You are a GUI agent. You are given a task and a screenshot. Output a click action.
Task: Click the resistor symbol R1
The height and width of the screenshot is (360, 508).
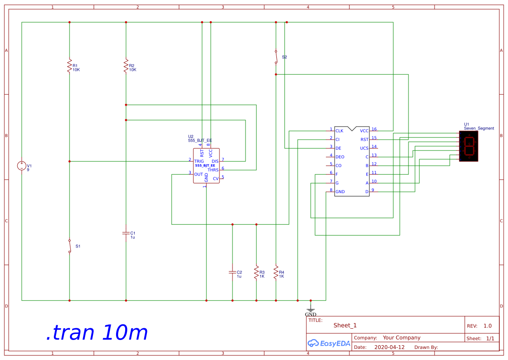69,66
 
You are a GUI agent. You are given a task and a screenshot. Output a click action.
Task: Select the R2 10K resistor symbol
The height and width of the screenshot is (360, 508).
126,66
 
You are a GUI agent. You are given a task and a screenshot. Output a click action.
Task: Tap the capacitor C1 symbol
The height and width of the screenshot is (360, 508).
126,233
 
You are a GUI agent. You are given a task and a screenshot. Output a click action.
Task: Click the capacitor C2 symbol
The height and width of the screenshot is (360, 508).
232,272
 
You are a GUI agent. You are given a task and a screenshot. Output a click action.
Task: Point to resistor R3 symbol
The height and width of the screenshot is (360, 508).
256,272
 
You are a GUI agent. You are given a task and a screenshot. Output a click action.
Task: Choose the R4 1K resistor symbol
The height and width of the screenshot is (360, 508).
276,273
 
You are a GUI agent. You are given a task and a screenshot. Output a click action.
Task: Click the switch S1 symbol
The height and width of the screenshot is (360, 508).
70,246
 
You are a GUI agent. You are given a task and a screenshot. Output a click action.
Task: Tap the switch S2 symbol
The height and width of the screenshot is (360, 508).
276,57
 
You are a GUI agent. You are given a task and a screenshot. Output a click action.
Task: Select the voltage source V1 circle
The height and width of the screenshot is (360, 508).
22,166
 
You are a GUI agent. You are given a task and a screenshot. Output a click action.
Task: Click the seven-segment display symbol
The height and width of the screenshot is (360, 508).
468,146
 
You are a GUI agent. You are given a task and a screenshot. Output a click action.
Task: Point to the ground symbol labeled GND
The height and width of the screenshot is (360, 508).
310,310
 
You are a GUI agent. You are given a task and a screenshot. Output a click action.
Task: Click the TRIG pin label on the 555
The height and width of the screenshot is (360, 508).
199,161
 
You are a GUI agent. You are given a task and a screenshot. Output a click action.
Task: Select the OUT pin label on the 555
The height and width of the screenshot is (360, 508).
198,174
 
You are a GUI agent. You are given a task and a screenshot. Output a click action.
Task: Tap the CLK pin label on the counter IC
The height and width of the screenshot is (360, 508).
339,131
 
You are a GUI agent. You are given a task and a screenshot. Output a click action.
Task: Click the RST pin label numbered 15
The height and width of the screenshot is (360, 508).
364,140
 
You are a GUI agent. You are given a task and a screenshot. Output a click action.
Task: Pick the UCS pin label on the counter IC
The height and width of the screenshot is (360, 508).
364,148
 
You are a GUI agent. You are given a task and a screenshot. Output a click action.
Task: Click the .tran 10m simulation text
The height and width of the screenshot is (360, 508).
97,333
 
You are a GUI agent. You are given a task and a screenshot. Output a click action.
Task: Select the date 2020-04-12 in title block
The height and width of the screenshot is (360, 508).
389,347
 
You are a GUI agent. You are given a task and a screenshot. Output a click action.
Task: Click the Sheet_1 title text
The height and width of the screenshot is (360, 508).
345,325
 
